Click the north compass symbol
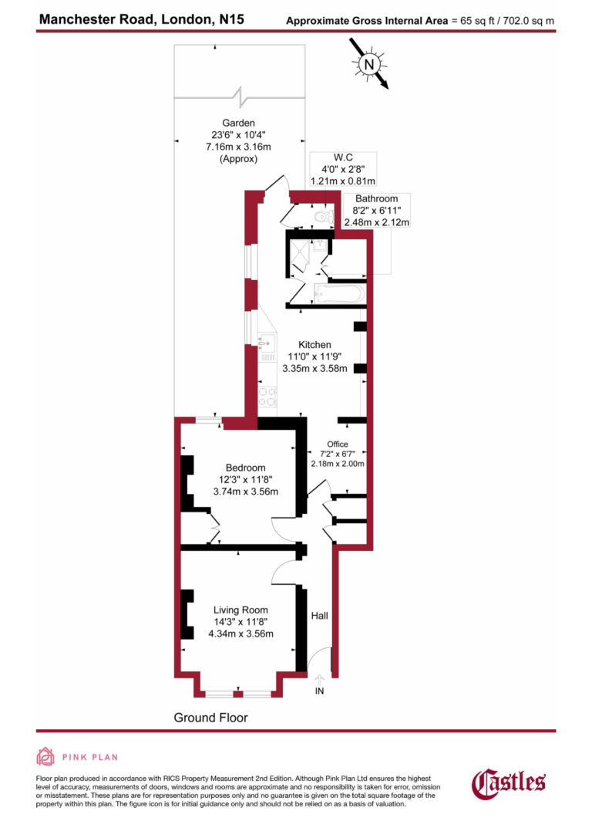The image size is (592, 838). (369, 63)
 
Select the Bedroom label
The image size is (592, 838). (245, 468)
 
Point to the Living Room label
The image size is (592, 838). (240, 610)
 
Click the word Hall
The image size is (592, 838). (319, 616)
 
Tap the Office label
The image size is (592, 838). (337, 444)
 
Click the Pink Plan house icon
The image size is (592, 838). (47, 757)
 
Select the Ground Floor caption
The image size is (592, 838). (210, 718)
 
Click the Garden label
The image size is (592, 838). (239, 123)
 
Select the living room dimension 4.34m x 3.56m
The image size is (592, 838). (240, 634)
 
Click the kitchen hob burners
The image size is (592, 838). (267, 396)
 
